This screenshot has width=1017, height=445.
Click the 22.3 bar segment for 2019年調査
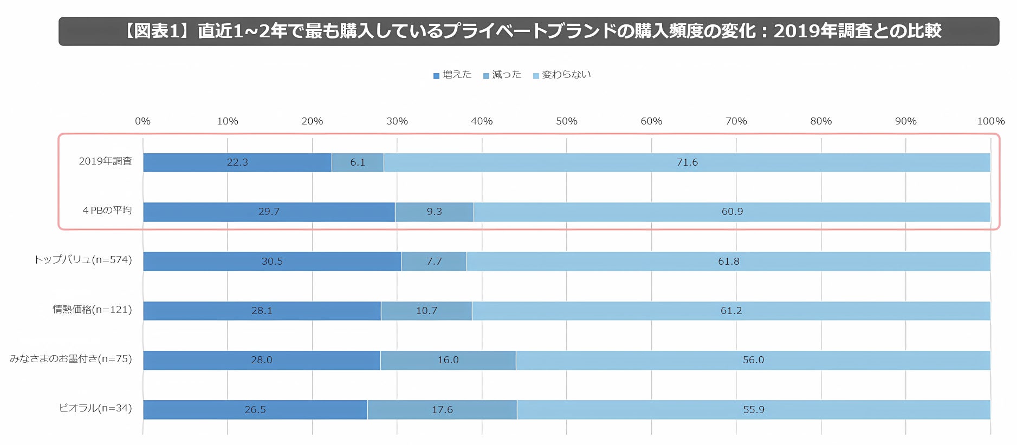click(x=237, y=162)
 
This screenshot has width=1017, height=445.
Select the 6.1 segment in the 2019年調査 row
click(x=358, y=162)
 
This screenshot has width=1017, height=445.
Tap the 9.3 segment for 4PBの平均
click(x=434, y=212)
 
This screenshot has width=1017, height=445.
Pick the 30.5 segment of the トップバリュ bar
click(x=272, y=261)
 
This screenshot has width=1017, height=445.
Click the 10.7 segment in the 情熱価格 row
click(x=426, y=311)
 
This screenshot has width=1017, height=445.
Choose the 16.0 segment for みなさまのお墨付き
click(x=448, y=360)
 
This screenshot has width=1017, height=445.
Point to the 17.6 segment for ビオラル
click(x=442, y=410)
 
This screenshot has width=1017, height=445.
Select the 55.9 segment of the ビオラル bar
click(x=754, y=410)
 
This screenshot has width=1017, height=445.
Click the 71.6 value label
click(x=687, y=162)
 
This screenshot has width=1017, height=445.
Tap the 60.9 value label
click(x=732, y=212)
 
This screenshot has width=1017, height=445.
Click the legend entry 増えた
click(x=452, y=75)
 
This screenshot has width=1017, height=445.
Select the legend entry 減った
click(x=502, y=75)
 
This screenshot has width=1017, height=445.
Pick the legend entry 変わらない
click(x=562, y=75)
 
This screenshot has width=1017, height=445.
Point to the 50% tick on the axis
click(x=566, y=121)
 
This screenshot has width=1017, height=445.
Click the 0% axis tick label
click(x=142, y=121)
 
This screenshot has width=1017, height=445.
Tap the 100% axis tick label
click(x=990, y=121)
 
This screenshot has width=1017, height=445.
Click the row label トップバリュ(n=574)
click(x=83, y=260)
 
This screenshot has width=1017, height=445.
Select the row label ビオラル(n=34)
click(x=95, y=408)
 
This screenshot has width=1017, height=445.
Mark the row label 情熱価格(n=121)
click(x=92, y=310)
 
